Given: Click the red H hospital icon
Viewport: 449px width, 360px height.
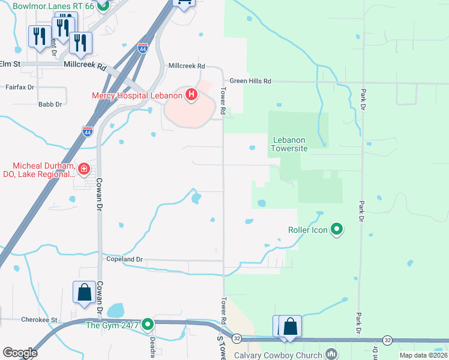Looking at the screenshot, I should (191, 95).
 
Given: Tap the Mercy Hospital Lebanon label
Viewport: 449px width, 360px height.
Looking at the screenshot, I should (137, 95).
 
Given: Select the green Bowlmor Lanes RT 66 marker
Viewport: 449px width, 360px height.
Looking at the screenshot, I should (103, 7).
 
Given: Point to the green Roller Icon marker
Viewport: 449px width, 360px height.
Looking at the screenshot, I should (337, 229).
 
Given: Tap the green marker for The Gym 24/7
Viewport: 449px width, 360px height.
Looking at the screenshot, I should (147, 325).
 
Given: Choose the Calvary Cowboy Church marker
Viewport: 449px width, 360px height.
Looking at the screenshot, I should (330, 354).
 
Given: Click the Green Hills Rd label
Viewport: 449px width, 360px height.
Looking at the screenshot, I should (251, 81).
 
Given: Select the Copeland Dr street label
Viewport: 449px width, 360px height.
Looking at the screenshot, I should (123, 259).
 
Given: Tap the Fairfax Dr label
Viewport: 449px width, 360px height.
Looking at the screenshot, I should (20, 87).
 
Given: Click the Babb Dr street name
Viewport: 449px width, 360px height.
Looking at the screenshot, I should (50, 104).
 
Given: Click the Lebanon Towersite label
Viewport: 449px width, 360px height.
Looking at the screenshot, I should (291, 143).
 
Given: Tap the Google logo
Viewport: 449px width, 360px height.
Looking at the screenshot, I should (20, 353).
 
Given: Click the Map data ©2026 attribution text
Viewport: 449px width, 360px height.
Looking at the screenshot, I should (424, 355).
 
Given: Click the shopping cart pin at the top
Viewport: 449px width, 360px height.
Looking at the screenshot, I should (184, 3).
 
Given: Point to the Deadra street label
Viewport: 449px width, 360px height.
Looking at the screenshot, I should (152, 345).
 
